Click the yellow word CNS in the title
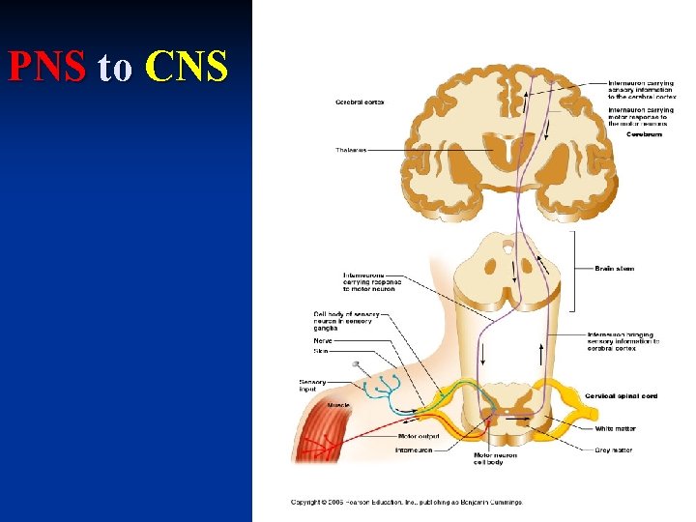point(187,67)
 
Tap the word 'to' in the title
point(115,69)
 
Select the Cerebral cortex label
point(360,101)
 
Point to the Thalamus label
point(350,150)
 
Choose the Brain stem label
point(615,269)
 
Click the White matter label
point(617,428)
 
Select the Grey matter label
point(615,449)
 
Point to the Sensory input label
point(312,385)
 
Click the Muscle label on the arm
point(338,405)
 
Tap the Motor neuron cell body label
point(495,458)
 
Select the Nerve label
point(323,340)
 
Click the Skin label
point(320,351)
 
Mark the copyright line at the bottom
point(407,502)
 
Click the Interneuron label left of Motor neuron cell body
point(413,450)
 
